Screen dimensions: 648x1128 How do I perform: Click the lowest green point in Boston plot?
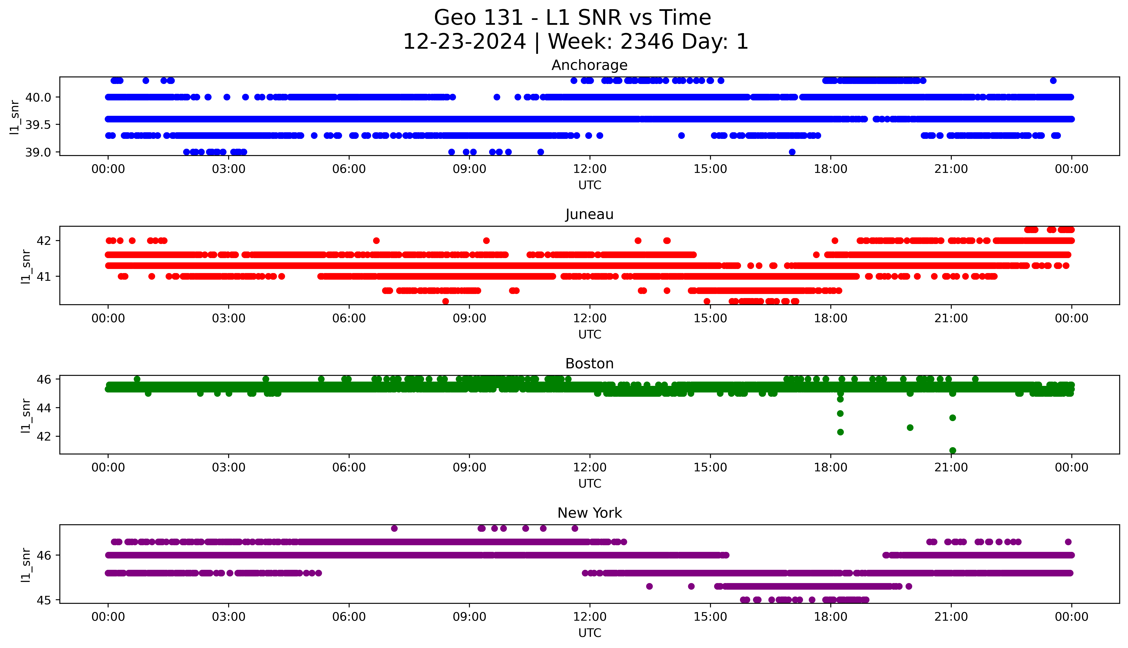952,450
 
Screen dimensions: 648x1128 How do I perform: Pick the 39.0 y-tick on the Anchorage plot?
38,152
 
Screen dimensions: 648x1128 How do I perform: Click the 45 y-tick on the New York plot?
44,600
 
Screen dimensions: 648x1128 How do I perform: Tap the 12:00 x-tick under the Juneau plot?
590,318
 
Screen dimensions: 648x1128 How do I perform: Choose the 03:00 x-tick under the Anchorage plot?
229,169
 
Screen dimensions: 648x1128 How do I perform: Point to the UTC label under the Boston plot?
590,483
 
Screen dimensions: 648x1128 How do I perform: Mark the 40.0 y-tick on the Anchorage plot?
38,97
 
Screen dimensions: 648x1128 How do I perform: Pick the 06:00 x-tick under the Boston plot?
349,467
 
